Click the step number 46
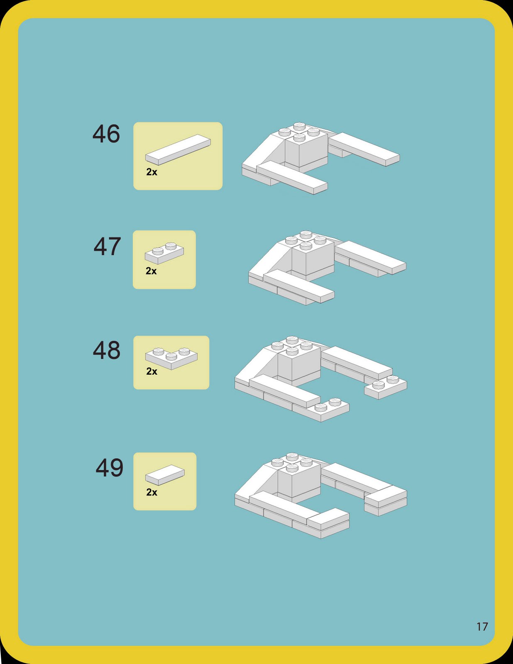click(106, 134)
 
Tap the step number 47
click(107, 247)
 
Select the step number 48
click(107, 351)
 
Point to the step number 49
click(110, 468)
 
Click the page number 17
click(482, 627)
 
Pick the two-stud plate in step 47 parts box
click(164, 253)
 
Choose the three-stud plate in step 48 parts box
click(171, 358)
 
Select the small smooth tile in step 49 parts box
click(165, 475)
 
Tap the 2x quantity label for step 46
click(151, 172)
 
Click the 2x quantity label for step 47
click(151, 271)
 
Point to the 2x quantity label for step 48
click(151, 371)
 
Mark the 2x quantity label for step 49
click(151, 492)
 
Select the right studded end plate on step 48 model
click(386, 387)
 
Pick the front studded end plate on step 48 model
click(328, 410)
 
